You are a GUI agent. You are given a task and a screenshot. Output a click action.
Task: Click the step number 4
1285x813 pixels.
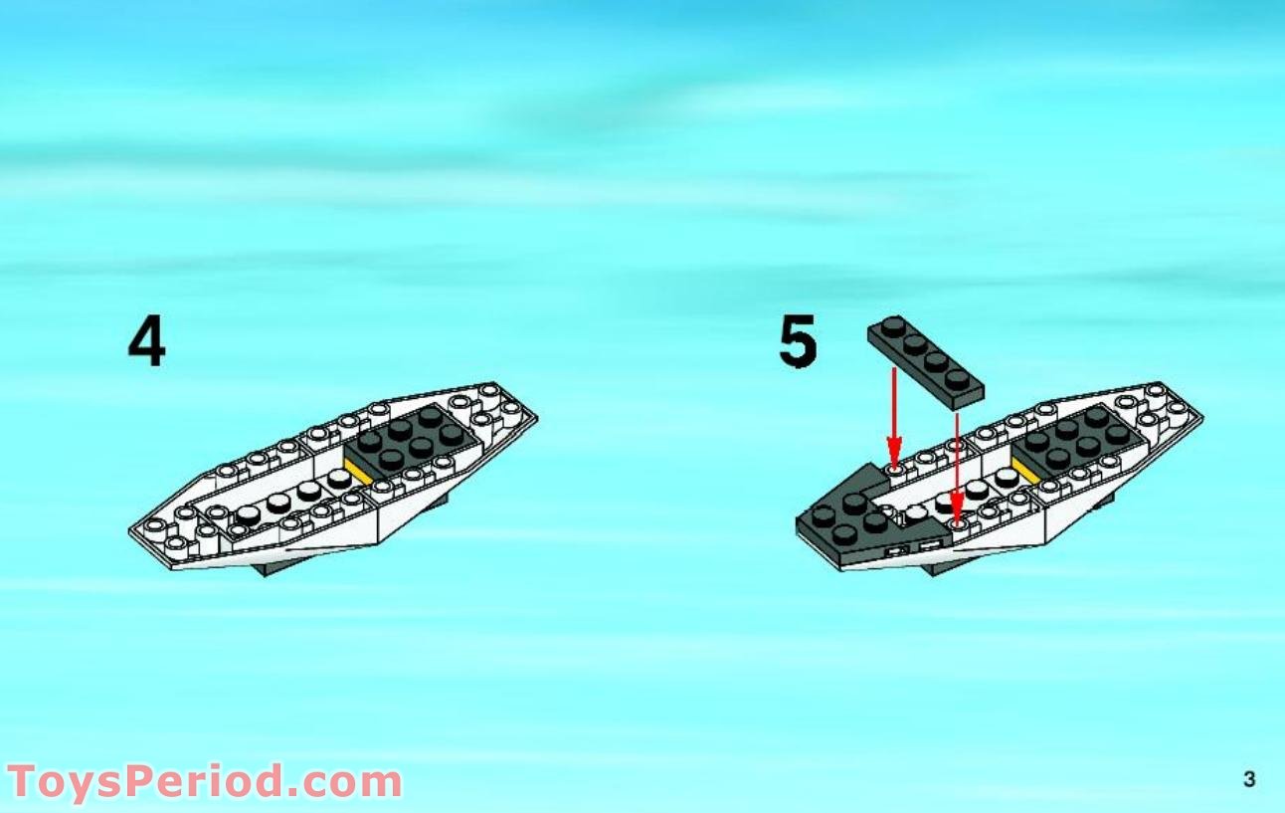pyautogui.click(x=147, y=342)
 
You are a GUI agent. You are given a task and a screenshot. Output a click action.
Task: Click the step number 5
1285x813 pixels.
pyautogui.click(x=798, y=341)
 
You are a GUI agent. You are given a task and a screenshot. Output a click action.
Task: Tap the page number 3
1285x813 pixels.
pyautogui.click(x=1249, y=779)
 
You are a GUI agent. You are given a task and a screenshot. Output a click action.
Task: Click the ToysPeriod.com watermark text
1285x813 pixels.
pyautogui.click(x=205, y=782)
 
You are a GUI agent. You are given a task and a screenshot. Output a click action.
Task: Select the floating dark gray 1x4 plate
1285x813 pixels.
pyautogui.click(x=925, y=362)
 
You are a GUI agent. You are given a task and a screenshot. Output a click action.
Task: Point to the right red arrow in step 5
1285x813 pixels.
pyautogui.click(x=956, y=468)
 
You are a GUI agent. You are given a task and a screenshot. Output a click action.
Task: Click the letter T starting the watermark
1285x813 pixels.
pyautogui.click(x=25, y=782)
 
